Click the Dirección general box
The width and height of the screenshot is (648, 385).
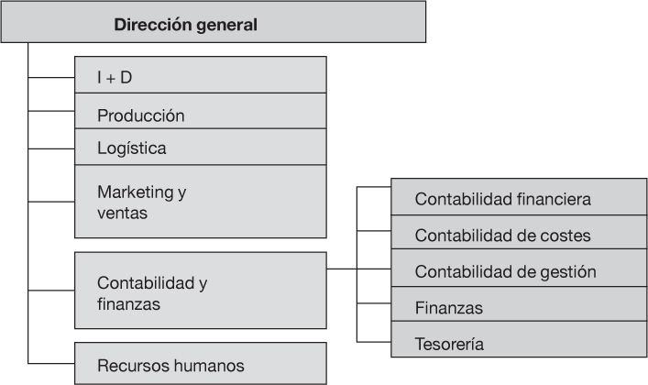pos(214,23)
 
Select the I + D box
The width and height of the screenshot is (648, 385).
pos(200,77)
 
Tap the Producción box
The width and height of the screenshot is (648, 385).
pos(200,115)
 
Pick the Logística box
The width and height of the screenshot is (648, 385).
pos(200,147)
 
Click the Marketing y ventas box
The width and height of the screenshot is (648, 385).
pos(200,202)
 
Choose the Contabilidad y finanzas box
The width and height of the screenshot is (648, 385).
pos(200,291)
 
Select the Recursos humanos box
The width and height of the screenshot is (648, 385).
pos(200,365)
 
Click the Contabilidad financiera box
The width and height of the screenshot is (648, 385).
pos(518,197)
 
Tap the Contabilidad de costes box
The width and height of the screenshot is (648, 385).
pos(518,235)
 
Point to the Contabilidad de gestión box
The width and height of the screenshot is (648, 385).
pos(518,271)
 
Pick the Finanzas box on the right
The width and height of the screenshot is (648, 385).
pos(518,307)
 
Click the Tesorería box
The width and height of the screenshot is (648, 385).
pos(518,343)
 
